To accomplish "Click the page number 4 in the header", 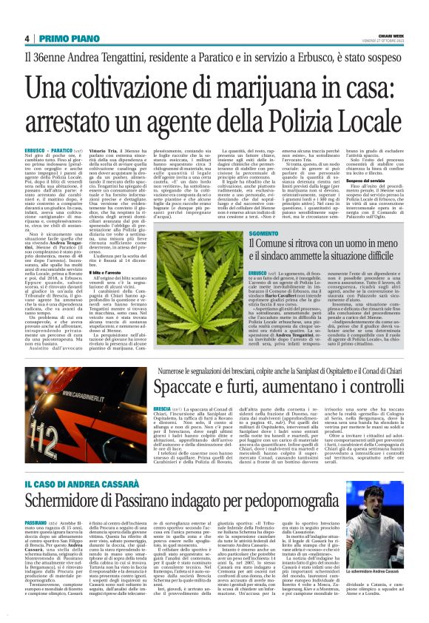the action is [x=27, y=38].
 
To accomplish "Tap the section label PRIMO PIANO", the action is [x=64, y=38].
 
